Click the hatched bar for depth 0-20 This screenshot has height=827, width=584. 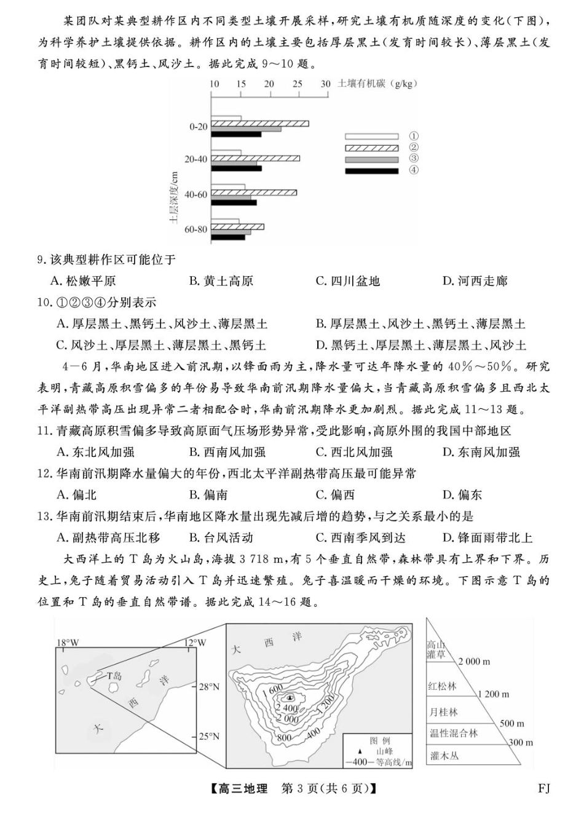coord(260,124)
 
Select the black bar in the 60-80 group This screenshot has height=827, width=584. coord(228,237)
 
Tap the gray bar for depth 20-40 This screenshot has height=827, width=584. coord(234,163)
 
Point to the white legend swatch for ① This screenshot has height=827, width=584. coord(371,137)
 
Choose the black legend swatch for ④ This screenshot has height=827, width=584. coord(371,171)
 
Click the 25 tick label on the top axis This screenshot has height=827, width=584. coord(298,84)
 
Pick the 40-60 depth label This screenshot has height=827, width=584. coord(196,194)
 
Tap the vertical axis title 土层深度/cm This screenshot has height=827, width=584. coord(174,197)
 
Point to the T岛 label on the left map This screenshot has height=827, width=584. coord(114,675)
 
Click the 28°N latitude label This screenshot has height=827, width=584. coord(210,686)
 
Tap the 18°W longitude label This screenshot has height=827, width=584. coord(68,643)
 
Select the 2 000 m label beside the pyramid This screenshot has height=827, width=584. coord(474,662)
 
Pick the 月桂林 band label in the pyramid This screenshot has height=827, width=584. coord(443,712)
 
